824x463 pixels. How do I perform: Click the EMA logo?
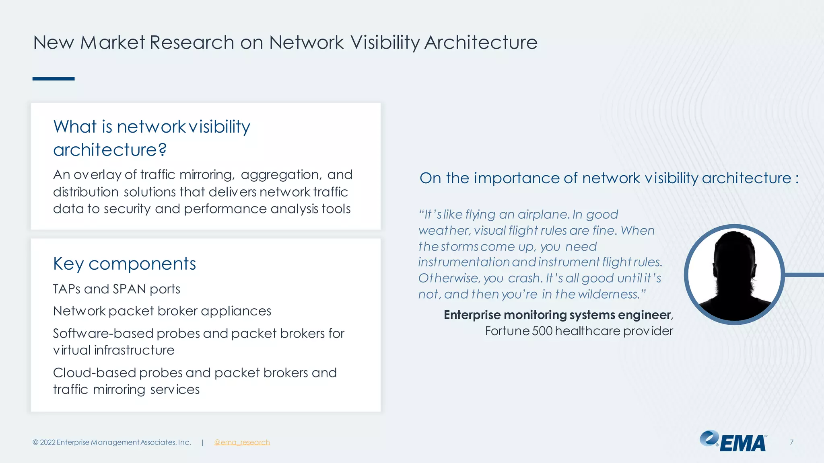point(733,442)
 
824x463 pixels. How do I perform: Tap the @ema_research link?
point(242,442)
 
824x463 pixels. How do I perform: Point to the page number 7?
point(791,442)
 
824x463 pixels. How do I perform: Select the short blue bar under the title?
point(54,79)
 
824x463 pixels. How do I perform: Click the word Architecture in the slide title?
point(481,43)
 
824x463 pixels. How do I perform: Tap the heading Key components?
point(124,264)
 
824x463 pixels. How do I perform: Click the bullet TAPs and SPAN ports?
point(116,289)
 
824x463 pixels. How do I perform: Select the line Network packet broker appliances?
point(162,311)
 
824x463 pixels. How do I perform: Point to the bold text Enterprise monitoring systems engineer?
point(558,315)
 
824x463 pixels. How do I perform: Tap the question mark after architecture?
point(162,150)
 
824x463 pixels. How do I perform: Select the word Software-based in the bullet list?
point(103,333)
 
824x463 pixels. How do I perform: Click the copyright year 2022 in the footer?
point(47,442)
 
